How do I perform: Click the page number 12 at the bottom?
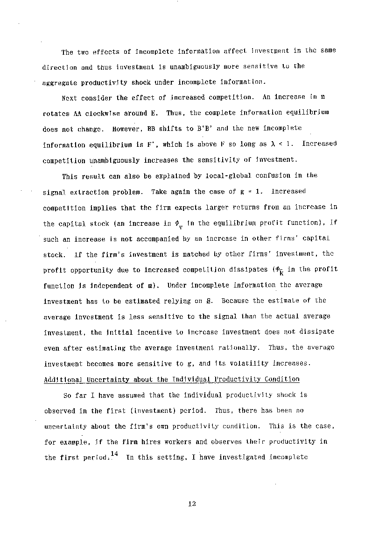pyautogui.click(x=191, y=504)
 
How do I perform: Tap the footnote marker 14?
pyautogui.click(x=113, y=453)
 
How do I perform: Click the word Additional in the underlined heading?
pyautogui.click(x=57, y=379)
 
